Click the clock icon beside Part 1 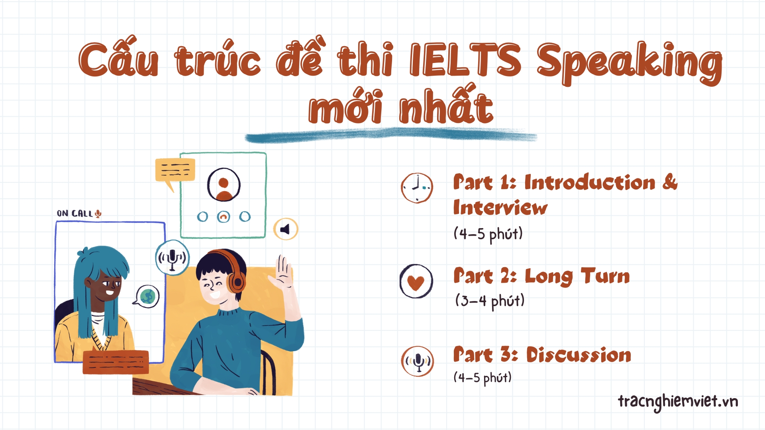[417, 188]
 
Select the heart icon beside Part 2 [416, 281]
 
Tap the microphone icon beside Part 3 [418, 361]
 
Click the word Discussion [579, 354]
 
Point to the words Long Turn [577, 276]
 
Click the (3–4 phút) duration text [490, 301]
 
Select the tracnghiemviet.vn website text [678, 401]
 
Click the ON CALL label [79, 213]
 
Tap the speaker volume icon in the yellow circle [286, 229]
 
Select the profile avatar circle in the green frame [224, 184]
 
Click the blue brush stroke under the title [391, 135]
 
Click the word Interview [500, 207]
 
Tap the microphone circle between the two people [172, 258]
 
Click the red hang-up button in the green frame [224, 217]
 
